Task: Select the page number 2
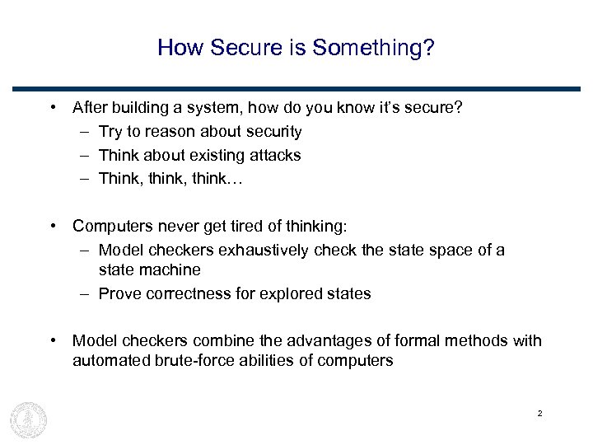pos(539,413)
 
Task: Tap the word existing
pos(214,155)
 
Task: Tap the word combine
pos(219,340)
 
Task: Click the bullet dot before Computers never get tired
pos(52,226)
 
